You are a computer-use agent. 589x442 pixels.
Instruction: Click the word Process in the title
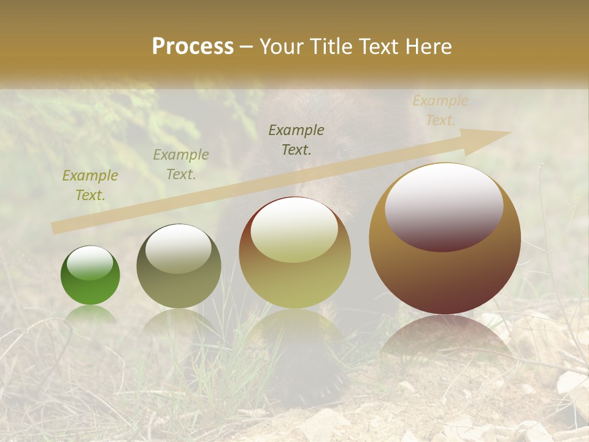[193, 47]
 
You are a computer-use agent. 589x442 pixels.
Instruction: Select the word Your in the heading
[281, 47]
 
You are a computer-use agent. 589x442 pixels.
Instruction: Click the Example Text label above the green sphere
[90, 185]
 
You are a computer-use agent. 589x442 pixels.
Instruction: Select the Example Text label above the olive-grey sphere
[181, 165]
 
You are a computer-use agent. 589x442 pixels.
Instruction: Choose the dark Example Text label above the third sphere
[296, 139]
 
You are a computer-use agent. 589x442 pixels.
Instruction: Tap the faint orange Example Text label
[441, 110]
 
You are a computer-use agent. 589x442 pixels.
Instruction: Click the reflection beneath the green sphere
[91, 314]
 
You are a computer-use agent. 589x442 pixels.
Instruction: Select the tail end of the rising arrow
[56, 228]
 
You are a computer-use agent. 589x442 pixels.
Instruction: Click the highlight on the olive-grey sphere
[179, 247]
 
